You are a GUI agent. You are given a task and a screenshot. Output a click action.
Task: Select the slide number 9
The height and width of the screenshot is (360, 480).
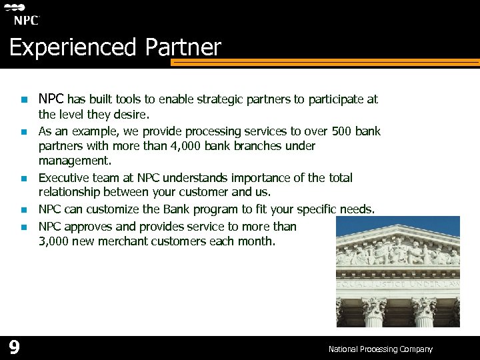click(x=14, y=347)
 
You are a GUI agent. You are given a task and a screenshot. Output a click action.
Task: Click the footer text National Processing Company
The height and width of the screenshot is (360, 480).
click(x=380, y=349)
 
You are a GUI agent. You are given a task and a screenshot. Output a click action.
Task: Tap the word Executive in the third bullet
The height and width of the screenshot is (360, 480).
click(x=64, y=178)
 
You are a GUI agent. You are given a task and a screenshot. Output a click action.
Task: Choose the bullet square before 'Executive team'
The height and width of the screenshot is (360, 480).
click(x=22, y=179)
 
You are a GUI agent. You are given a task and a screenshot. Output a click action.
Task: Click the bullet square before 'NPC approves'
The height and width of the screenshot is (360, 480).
click(x=22, y=227)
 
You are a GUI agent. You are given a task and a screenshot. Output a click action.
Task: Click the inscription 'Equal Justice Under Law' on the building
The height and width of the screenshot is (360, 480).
click(x=398, y=284)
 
